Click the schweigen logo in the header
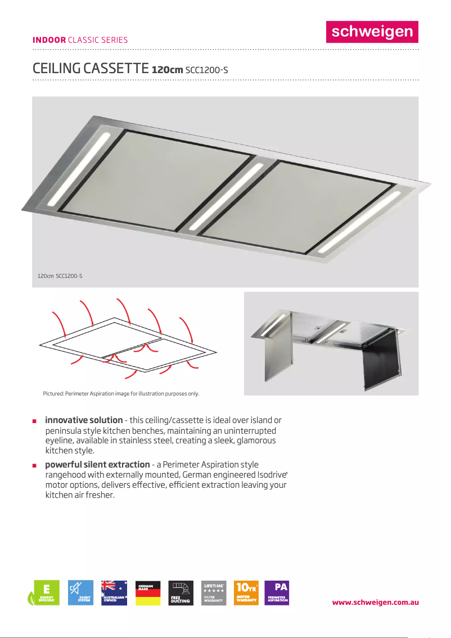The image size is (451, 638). point(372,32)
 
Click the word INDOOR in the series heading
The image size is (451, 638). point(49,40)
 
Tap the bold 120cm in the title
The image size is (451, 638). point(167,70)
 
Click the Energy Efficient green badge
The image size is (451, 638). point(45,593)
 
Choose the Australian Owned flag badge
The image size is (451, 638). point(114,593)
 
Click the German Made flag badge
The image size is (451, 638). point(147,593)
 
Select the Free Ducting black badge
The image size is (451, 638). point(181,593)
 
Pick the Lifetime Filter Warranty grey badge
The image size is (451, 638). point(214,593)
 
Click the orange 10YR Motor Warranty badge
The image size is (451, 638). point(246,593)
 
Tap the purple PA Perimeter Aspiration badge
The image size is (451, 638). point(277,593)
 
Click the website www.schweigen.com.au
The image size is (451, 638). point(375,602)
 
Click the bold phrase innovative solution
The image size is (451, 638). point(84,420)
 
